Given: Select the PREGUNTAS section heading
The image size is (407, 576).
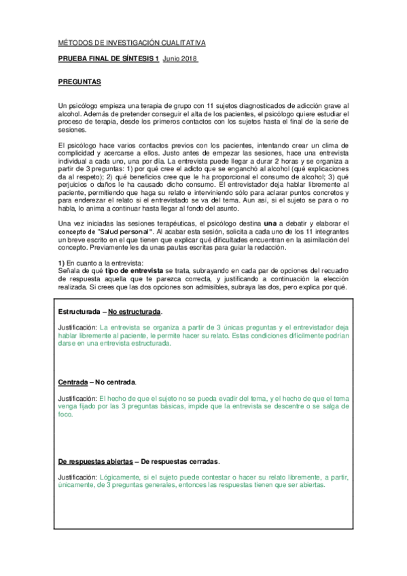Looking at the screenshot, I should pos(80,82).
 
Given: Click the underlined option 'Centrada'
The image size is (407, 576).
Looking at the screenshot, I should pos(72,381).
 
